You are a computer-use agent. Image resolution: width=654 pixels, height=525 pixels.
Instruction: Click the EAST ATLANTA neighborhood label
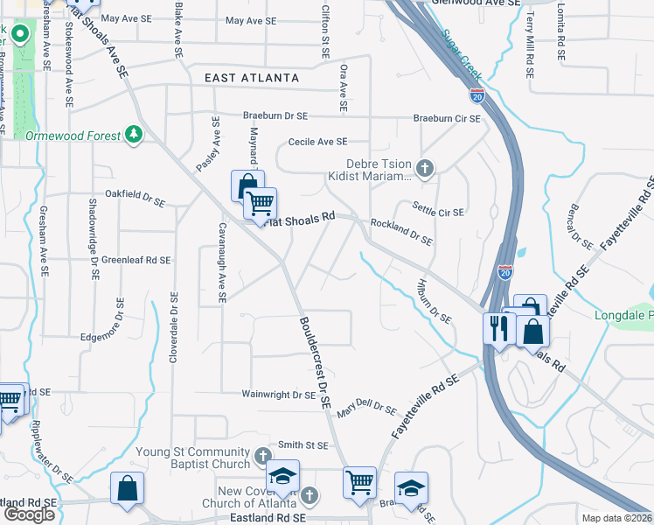click(x=252, y=79)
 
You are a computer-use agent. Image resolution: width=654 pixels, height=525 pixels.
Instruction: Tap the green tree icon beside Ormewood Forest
click(x=134, y=134)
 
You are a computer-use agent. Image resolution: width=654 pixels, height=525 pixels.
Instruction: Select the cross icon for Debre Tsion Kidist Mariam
click(x=425, y=168)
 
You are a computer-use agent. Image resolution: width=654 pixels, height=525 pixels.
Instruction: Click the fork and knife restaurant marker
click(x=498, y=329)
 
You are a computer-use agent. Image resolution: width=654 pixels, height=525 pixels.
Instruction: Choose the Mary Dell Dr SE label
click(x=366, y=408)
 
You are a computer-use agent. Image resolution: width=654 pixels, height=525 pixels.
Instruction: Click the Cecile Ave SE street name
click(x=317, y=142)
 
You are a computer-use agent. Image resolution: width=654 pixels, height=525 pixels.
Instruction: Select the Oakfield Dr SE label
click(x=134, y=193)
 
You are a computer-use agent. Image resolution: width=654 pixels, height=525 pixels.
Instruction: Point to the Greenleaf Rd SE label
click(x=135, y=260)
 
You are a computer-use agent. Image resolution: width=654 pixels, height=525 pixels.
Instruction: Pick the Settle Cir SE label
click(x=438, y=212)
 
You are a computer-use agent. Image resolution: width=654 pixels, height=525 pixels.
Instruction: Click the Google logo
click(x=29, y=514)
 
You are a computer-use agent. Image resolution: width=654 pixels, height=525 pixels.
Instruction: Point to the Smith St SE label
click(x=303, y=445)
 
